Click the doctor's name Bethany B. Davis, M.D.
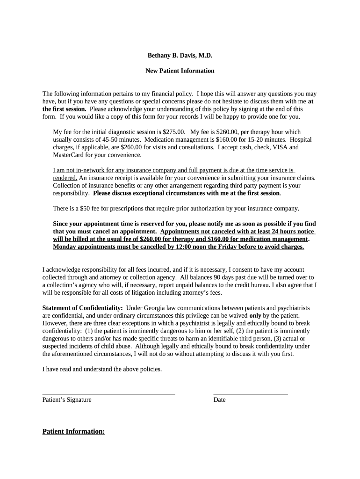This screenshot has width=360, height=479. click(x=180, y=55)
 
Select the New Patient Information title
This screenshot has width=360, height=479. click(x=180, y=71)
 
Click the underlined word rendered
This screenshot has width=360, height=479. click(x=65, y=178)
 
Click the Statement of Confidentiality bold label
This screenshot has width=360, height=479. click(x=82, y=308)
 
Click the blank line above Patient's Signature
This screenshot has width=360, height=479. click(x=108, y=394)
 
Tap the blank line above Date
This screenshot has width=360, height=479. click(x=250, y=394)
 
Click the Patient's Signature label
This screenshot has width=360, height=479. click(x=67, y=400)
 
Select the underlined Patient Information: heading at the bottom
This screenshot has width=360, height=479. click(x=73, y=431)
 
